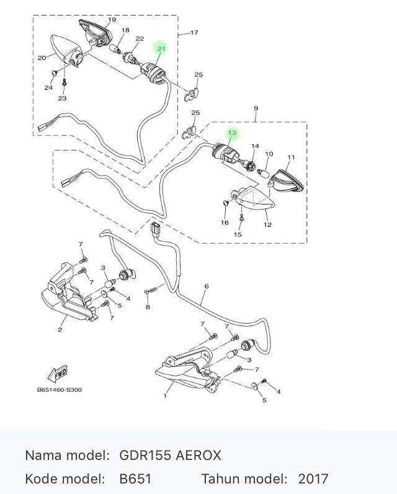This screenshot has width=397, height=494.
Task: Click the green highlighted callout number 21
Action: click(x=161, y=48)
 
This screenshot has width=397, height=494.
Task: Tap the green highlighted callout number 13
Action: click(x=232, y=133)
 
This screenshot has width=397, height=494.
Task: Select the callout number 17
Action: click(x=194, y=33)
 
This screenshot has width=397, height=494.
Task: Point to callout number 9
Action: click(x=256, y=109)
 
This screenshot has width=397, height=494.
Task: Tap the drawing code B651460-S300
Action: click(x=60, y=390)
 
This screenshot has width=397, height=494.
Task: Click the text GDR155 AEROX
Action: click(x=170, y=456)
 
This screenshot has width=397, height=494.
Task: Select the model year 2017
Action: click(x=313, y=479)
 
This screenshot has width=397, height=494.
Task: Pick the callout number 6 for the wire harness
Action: click(x=207, y=286)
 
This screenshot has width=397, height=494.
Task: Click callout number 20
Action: click(x=42, y=59)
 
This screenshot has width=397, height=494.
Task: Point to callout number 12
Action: click(x=267, y=225)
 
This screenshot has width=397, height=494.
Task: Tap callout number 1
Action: click(x=166, y=395)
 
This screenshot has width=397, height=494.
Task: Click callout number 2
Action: click(x=60, y=330)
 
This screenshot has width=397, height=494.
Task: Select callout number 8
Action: click(x=148, y=307)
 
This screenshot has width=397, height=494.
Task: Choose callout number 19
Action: click(x=112, y=20)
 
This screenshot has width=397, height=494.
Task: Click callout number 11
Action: click(x=291, y=157)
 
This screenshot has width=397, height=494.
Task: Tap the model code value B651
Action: click(x=135, y=479)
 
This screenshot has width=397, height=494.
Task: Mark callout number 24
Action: click(x=48, y=88)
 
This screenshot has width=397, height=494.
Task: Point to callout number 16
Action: click(x=225, y=222)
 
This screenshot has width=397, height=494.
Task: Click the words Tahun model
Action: click(x=244, y=479)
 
